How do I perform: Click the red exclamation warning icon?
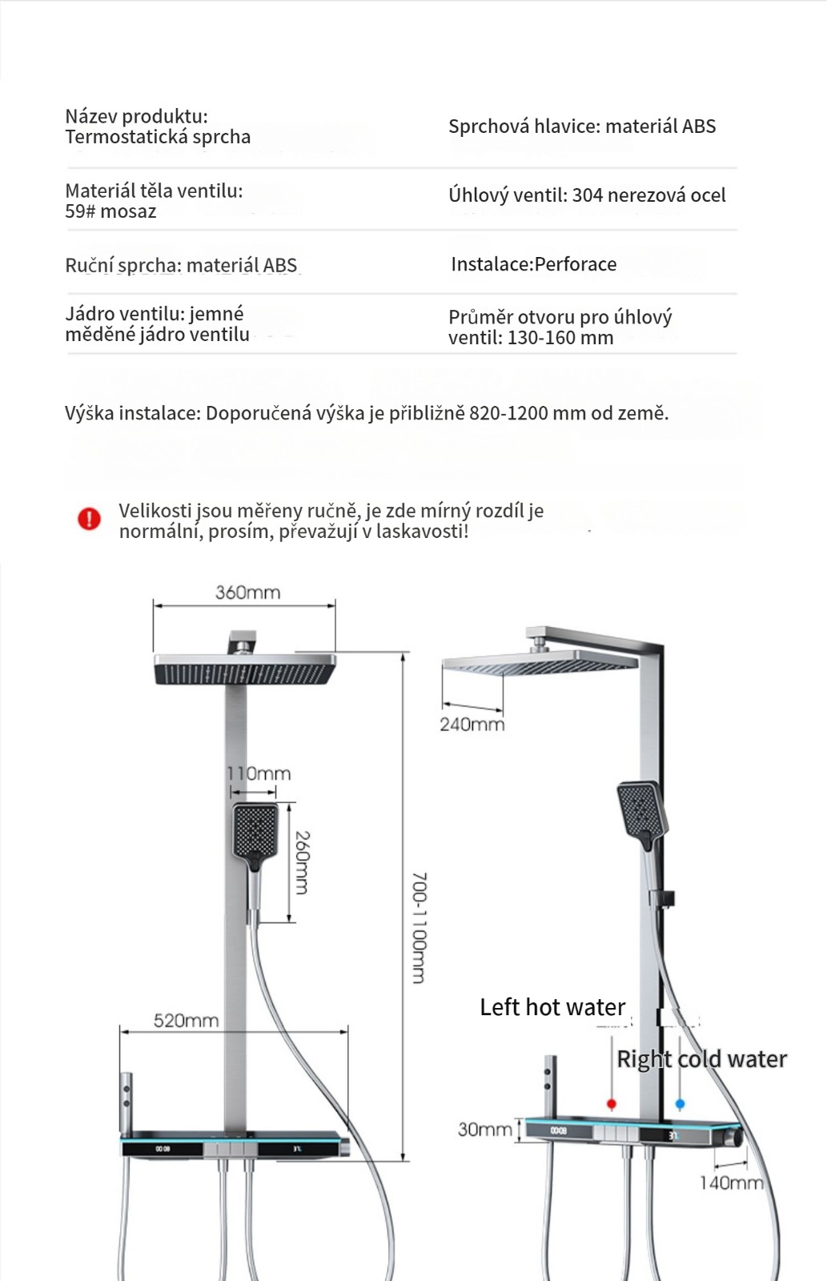click(x=89, y=519)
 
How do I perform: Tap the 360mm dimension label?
click(x=247, y=592)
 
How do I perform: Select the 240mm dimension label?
click(x=472, y=725)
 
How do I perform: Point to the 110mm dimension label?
click(x=259, y=773)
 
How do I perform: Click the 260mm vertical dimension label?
click(x=303, y=862)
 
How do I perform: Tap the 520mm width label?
click(x=186, y=1021)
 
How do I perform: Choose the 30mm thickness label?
click(x=484, y=1129)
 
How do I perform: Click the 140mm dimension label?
click(x=731, y=1183)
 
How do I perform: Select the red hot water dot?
click(x=612, y=1104)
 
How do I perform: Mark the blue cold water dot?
click(x=680, y=1104)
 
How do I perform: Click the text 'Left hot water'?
click(x=552, y=1007)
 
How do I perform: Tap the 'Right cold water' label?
click(x=701, y=1059)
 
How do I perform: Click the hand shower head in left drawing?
click(x=255, y=831)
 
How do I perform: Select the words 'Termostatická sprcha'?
click(x=158, y=137)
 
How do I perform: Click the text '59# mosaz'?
click(x=110, y=211)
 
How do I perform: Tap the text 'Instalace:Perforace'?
click(x=533, y=264)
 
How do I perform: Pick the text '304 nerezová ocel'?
click(x=648, y=195)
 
